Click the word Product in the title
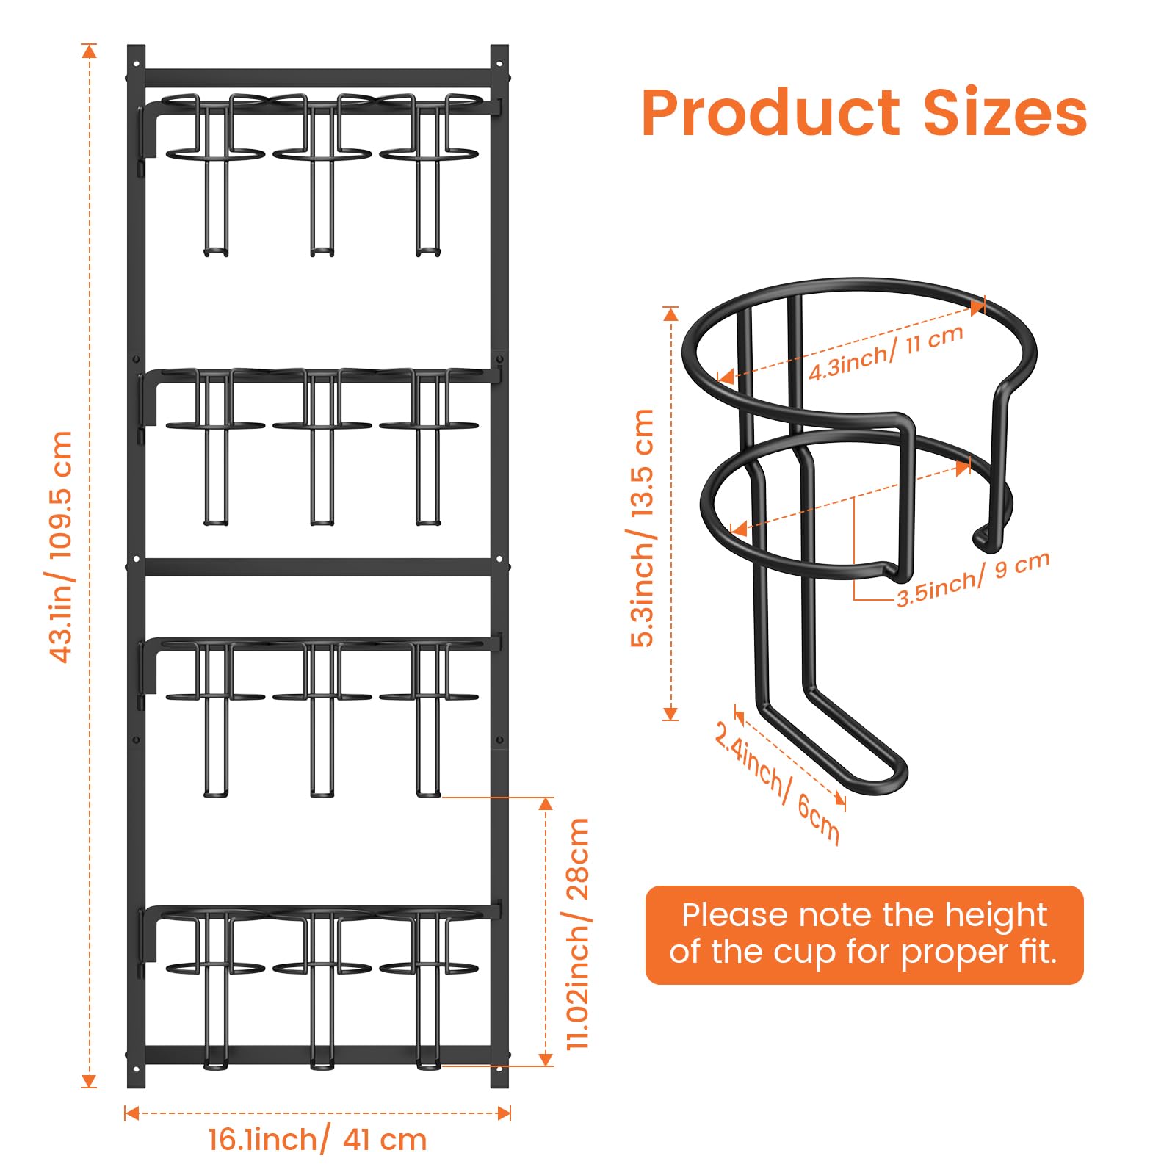770,114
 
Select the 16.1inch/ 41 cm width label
317,1139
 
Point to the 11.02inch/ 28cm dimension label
578,933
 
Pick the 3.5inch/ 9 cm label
973,579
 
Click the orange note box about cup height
864,934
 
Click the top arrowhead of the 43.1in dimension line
89,51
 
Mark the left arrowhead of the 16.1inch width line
131,1113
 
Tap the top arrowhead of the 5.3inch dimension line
670,314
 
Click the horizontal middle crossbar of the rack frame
317,567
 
